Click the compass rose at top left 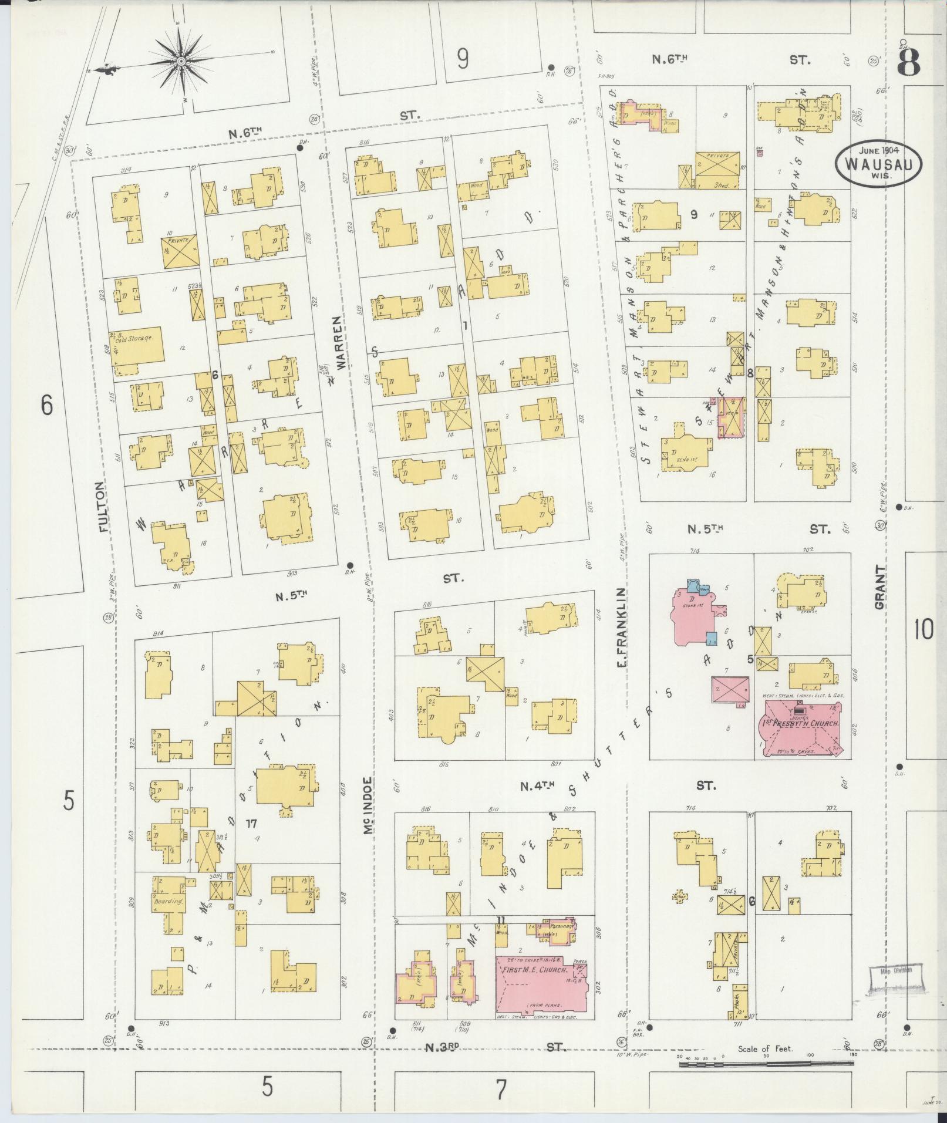[x=181, y=60]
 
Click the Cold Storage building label [x=136, y=338]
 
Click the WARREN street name [x=339, y=343]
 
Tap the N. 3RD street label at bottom [x=495, y=1046]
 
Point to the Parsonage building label [x=561, y=926]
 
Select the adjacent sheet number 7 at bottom [x=500, y=1090]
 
